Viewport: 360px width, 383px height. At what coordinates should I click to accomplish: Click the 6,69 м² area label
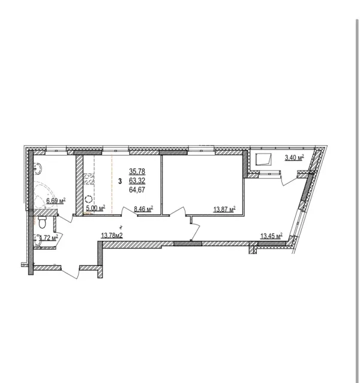click(x=56, y=201)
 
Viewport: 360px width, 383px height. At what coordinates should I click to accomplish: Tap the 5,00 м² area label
click(x=95, y=208)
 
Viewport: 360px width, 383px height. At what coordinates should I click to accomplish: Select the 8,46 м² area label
click(x=143, y=208)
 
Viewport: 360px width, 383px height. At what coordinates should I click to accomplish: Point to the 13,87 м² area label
click(x=224, y=209)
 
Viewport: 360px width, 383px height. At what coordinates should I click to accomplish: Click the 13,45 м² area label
click(x=271, y=236)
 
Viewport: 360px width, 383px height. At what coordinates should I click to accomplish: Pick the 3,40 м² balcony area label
click(x=294, y=157)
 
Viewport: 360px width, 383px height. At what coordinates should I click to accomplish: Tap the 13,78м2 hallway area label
click(x=112, y=235)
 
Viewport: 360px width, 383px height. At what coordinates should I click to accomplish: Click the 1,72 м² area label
click(x=49, y=237)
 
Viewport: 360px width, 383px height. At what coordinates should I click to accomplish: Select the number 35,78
click(x=137, y=172)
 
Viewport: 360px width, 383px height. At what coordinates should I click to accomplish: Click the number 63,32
click(x=137, y=181)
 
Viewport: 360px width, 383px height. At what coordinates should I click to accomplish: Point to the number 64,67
click(x=137, y=190)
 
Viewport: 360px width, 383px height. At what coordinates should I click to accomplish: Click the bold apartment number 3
click(x=120, y=181)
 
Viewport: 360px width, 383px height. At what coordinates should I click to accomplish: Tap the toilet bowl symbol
click(x=42, y=222)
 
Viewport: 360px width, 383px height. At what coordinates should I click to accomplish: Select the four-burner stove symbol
click(x=89, y=179)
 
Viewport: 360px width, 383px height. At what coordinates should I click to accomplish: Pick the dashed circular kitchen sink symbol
click(x=88, y=199)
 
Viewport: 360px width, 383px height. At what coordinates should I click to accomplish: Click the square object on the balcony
click(x=263, y=159)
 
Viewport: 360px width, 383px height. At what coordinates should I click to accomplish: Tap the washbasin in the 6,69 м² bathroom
click(x=38, y=169)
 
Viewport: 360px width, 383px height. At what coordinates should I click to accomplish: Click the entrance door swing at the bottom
click(x=70, y=272)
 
